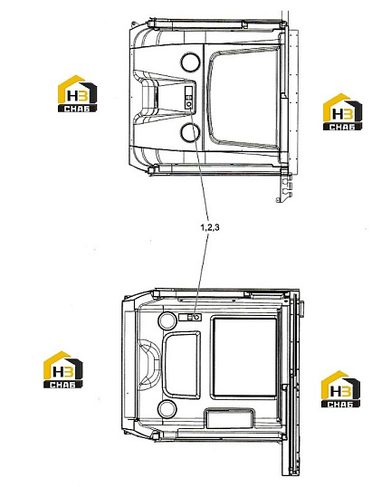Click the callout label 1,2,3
[210, 227]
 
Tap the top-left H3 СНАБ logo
[77, 93]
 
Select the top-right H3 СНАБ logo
[342, 112]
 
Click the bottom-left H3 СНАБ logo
[63, 369]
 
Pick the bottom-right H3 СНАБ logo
[340, 389]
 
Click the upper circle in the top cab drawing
[191, 62]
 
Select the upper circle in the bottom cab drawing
[167, 320]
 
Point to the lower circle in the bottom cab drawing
[167, 409]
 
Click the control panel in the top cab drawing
[188, 98]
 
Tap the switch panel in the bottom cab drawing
[190, 317]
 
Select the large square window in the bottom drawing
[244, 358]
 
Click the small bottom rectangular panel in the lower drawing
[230, 418]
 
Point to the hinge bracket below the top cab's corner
[285, 188]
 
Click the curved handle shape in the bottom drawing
[148, 364]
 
